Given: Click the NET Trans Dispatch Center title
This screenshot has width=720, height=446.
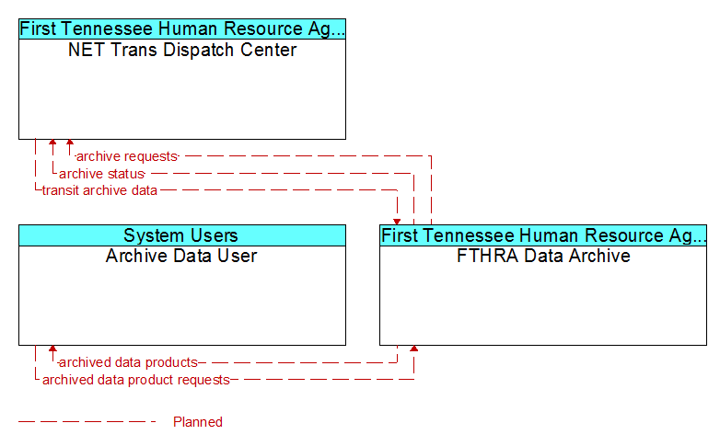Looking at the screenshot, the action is tap(182, 50).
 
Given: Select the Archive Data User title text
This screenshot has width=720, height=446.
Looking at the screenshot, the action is tap(181, 256).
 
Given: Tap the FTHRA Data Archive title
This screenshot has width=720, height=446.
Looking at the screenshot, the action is tap(543, 256).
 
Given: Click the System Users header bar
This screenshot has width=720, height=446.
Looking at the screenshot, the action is tap(182, 235).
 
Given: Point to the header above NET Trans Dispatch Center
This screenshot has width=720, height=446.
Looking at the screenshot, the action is tap(182, 29).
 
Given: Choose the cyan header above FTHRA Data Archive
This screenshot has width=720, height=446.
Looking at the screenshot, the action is tap(543, 235).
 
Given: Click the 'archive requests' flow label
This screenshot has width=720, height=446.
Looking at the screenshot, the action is tap(127, 156).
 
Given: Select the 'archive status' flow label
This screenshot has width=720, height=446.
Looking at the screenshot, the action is tap(101, 174).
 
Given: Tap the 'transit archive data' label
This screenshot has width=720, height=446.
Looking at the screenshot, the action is tap(99, 190).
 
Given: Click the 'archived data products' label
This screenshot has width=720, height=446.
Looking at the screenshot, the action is tap(128, 362).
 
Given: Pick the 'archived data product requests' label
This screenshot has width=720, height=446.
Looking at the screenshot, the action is tap(136, 380).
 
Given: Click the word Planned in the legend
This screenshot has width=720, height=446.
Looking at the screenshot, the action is tap(198, 422).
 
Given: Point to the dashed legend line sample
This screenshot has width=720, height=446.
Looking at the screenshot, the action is tap(87, 422).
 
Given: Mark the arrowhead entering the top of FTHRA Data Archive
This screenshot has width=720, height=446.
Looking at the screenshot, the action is tap(397, 222).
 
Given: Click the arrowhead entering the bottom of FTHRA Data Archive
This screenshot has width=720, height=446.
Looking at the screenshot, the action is tap(414, 349).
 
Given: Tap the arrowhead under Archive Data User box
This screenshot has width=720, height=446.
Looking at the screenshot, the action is tap(52, 349).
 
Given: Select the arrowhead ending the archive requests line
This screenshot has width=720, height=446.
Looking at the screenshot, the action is tap(70, 143).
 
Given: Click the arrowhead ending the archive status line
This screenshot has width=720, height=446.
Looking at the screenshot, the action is tap(52, 143).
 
